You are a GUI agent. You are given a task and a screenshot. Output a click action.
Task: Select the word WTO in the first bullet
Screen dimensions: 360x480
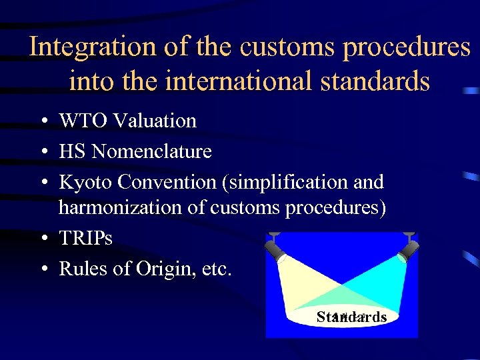tap(84, 121)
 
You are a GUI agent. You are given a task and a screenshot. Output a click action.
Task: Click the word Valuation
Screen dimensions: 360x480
tap(155, 121)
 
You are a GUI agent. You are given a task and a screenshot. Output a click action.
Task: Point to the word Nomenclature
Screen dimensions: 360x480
tap(151, 151)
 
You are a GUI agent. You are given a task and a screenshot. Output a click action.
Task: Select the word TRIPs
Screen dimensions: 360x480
tap(85, 238)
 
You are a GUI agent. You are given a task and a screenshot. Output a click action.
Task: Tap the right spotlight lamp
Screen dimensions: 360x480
tap(408, 249)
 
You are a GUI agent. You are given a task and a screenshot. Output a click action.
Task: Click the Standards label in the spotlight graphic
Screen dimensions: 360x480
tap(351, 317)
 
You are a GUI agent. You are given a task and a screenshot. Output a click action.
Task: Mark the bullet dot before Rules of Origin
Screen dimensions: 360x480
tap(42, 270)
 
